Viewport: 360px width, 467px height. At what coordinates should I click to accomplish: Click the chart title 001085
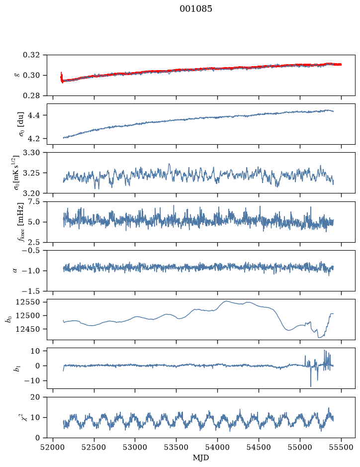pos(195,8)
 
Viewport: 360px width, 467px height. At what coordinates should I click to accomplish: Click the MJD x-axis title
pos(201,458)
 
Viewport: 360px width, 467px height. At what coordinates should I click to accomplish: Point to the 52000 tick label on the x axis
pos(53,447)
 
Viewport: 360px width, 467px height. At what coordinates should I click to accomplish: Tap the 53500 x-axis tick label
pos(177,447)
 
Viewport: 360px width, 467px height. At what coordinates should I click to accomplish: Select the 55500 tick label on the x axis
pos(341,447)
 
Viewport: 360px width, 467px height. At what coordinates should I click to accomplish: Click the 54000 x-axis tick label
pos(217,447)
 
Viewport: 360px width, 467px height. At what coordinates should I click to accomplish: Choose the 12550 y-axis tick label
pos(27,302)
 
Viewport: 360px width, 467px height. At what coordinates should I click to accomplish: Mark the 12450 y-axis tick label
pos(27,329)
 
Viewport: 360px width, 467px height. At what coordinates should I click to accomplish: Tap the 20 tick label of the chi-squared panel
pos(35,397)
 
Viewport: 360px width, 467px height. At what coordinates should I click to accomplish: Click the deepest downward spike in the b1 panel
pos(311,386)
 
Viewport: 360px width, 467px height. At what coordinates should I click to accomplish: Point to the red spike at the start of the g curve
pos(61,77)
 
